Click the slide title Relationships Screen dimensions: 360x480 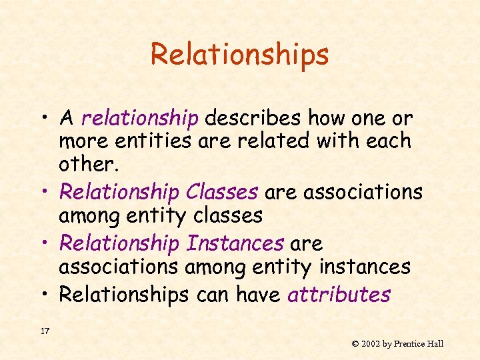click(239, 54)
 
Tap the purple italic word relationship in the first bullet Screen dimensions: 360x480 click(140, 119)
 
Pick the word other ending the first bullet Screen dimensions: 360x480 click(85, 163)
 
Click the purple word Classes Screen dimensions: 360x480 click(222, 192)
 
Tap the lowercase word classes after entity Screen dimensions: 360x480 click(224, 215)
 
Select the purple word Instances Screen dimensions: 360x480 click(235, 244)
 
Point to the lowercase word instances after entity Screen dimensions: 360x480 click(365, 267)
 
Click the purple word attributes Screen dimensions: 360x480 click(339, 295)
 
